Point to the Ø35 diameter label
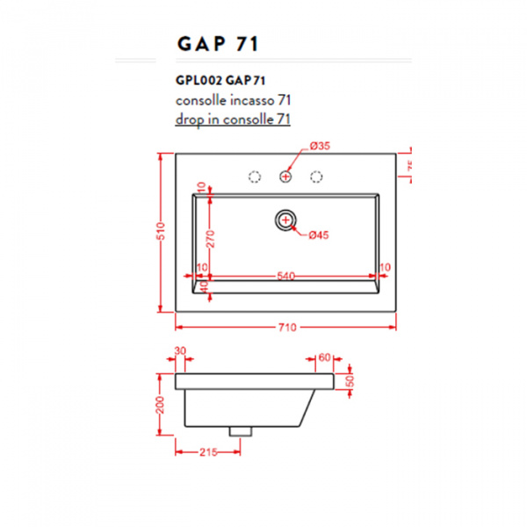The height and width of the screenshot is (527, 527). (319, 145)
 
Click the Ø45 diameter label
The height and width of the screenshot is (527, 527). (317, 234)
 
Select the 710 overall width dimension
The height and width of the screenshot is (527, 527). (287, 327)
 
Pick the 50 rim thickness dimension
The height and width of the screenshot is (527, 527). (350, 381)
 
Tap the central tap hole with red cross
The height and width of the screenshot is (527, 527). (285, 177)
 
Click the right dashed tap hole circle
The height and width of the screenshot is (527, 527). (315, 177)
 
